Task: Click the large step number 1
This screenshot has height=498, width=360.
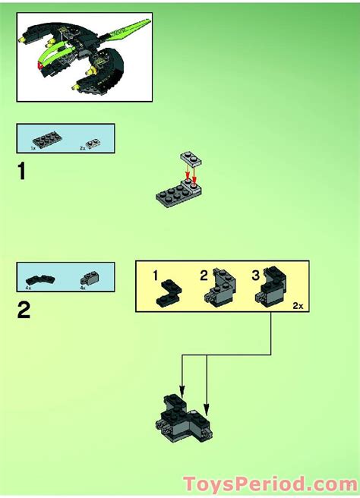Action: click(23, 172)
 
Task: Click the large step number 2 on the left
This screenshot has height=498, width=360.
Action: click(24, 311)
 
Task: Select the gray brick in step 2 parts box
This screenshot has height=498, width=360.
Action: click(90, 277)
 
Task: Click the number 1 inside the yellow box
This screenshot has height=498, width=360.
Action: click(155, 275)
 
